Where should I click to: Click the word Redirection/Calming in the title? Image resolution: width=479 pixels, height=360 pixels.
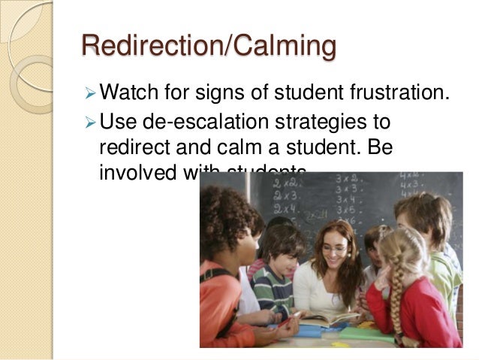pyautogui.click(x=208, y=47)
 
